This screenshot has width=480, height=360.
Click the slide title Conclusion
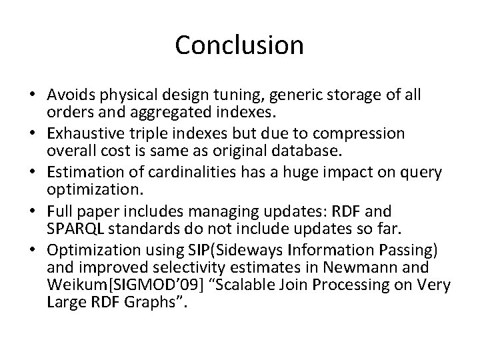point(239,45)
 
